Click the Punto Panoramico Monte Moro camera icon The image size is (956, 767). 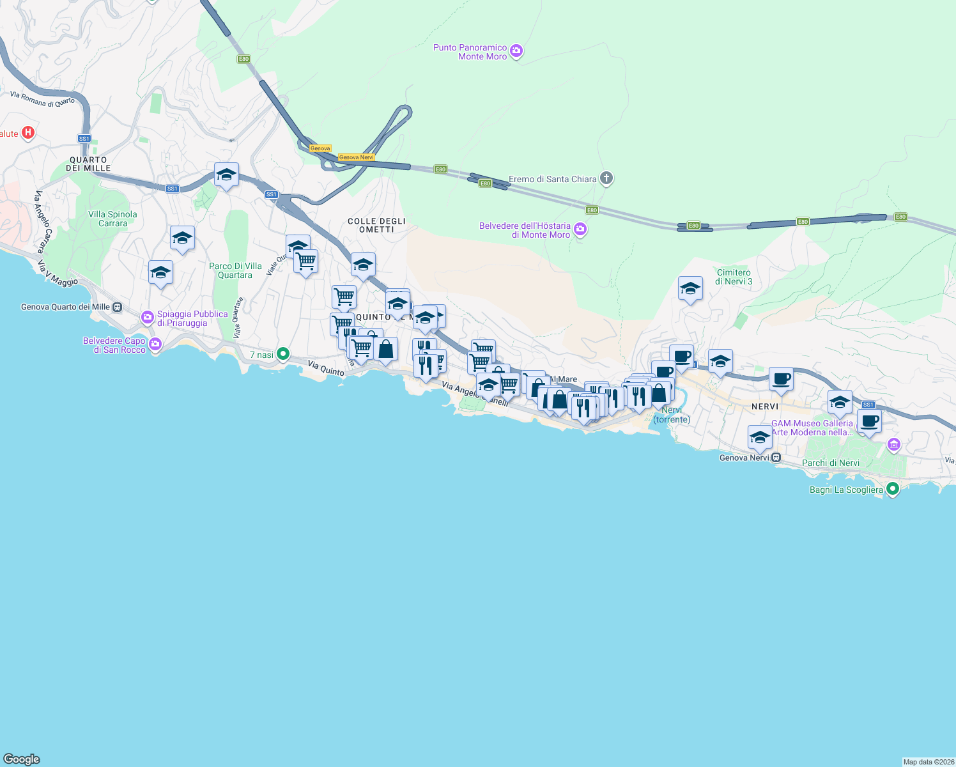[516, 51]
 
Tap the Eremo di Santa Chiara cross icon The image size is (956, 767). [606, 178]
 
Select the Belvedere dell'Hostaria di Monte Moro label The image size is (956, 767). [525, 230]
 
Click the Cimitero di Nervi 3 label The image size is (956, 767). [734, 277]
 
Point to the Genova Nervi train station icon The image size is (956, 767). [776, 458]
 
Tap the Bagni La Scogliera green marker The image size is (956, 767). [893, 490]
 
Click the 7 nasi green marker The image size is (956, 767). [283, 354]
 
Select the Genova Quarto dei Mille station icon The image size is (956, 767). [118, 307]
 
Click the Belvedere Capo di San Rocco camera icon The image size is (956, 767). [155, 345]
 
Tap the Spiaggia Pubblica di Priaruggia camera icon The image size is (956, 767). [148, 317]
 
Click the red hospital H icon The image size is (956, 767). [28, 133]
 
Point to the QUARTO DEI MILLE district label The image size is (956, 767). [88, 164]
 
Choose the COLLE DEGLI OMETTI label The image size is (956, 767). [376, 225]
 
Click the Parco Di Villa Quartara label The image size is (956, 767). [235, 270]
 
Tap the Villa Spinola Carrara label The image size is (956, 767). [112, 219]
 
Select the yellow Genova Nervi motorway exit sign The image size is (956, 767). [356, 157]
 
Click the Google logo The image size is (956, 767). [22, 759]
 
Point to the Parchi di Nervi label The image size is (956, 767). [831, 463]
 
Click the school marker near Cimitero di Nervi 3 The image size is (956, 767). [690, 290]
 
